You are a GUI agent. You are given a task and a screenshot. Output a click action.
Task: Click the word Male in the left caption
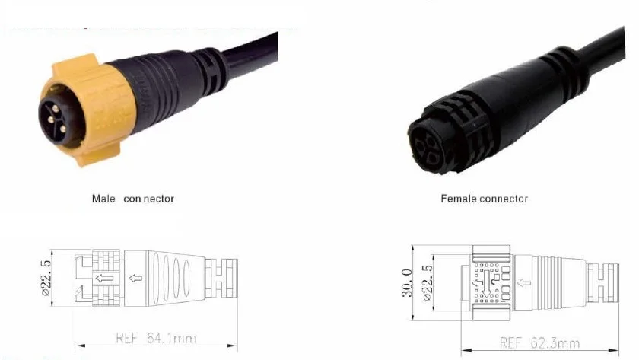[x=103, y=199]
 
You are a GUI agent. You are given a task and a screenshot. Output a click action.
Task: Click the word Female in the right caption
[x=459, y=199]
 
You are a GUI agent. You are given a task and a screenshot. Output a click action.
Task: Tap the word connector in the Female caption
[x=504, y=199]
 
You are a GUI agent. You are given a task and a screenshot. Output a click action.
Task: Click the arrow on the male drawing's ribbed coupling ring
[x=104, y=278]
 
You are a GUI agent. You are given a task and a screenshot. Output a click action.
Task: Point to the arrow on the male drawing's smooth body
[x=137, y=278]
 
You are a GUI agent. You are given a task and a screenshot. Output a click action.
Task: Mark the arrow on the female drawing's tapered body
[x=524, y=283]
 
